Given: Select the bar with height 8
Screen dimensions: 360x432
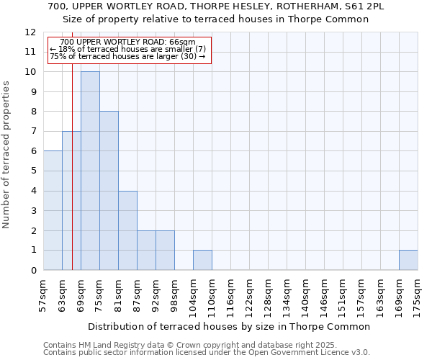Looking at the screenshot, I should [109, 191].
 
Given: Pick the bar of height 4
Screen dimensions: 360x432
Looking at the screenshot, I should [127, 230].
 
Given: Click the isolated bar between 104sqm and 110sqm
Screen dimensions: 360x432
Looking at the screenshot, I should [202, 260].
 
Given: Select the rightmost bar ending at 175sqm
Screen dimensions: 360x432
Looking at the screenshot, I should [408, 260].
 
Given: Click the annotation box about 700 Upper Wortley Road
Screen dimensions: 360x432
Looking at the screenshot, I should [129, 50].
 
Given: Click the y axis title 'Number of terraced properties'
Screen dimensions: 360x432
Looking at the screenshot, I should [7, 154].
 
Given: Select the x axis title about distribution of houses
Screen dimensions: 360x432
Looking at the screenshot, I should [230, 326].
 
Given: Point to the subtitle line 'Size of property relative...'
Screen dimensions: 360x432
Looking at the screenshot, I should [216, 19].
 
